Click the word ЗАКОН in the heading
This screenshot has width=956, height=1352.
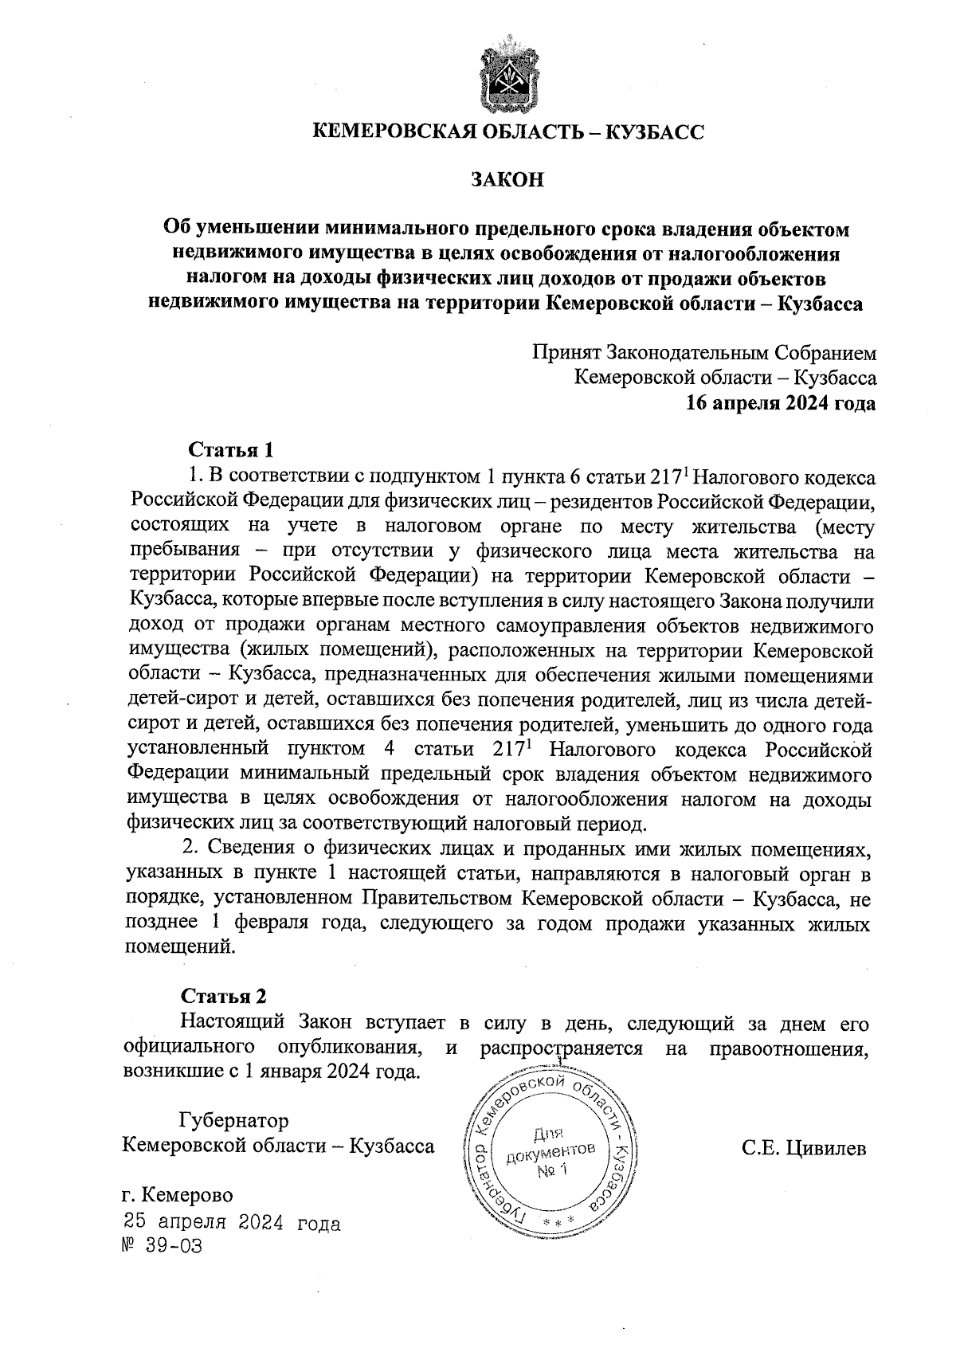pyautogui.click(x=507, y=179)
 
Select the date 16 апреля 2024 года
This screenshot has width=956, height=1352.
pyautogui.click(x=782, y=404)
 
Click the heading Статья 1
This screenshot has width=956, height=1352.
pyautogui.click(x=230, y=450)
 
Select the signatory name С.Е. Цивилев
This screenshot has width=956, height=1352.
pyautogui.click(x=803, y=1148)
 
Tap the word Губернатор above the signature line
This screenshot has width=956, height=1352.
pyautogui.click(x=234, y=1120)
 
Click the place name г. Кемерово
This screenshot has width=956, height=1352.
pyautogui.click(x=178, y=1196)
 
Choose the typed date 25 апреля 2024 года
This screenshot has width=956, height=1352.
pyautogui.click(x=231, y=1223)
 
